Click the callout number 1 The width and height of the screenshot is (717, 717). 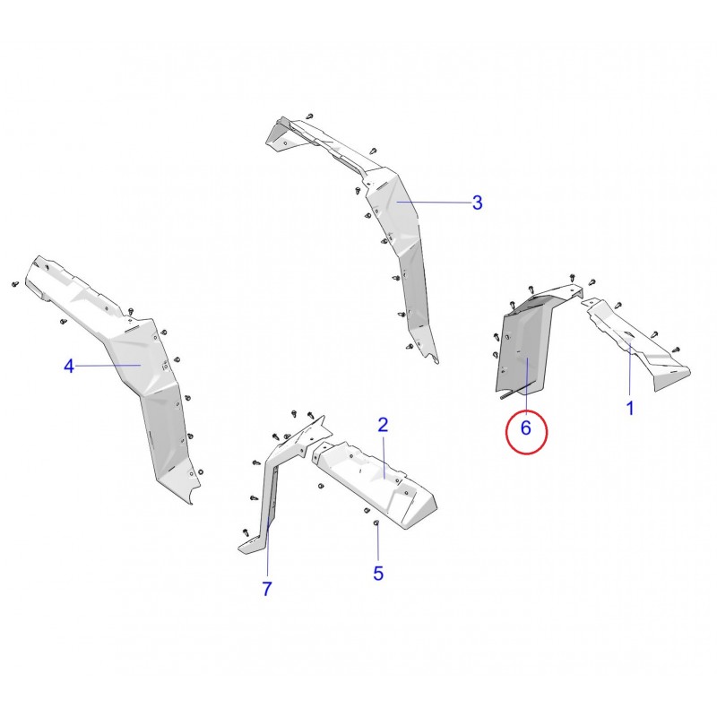[x=630, y=409]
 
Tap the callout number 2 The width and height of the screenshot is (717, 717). [x=384, y=425]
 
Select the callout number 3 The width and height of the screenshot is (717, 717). [x=477, y=203]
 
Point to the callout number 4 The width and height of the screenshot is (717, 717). [x=69, y=367]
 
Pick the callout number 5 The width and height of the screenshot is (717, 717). [x=378, y=574]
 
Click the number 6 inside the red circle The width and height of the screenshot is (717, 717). [x=526, y=428]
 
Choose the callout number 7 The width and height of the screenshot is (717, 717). [x=267, y=589]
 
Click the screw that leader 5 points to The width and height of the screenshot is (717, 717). [x=376, y=523]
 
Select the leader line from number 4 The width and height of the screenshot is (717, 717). [x=108, y=366]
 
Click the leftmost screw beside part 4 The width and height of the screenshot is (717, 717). [x=15, y=284]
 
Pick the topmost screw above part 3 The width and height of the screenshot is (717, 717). [x=310, y=117]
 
